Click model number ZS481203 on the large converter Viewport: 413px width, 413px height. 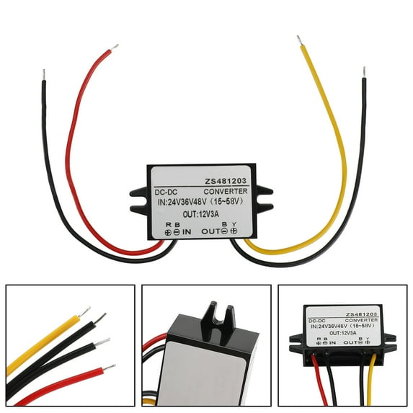point(226,181)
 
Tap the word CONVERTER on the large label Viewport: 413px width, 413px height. point(226,192)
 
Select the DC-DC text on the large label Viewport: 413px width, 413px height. point(166,192)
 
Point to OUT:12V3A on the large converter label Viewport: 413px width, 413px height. point(201,214)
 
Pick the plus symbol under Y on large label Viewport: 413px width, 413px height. point(234,231)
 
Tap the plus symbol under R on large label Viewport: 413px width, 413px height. point(168,232)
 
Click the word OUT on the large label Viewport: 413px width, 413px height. point(210,231)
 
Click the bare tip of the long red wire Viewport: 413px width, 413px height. point(115,48)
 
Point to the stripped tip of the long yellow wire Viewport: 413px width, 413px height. point(299,40)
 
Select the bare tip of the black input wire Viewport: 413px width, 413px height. point(44,75)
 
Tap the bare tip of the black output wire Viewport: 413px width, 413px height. point(364,72)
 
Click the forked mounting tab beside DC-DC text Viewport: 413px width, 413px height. point(139,200)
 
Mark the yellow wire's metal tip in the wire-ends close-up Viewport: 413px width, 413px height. point(84,311)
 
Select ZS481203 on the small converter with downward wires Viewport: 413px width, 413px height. point(361,314)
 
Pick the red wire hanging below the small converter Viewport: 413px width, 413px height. point(319,380)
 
